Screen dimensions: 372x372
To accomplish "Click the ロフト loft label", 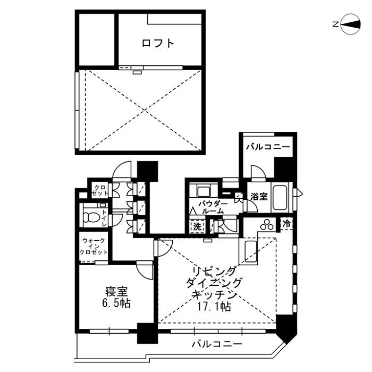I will [x=158, y=44].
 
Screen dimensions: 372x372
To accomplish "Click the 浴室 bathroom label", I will [x=259, y=196].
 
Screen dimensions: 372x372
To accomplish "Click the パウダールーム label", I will [x=213, y=207].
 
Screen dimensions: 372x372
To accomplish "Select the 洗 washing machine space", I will [x=197, y=226].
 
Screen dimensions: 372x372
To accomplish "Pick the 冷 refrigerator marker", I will [x=287, y=224].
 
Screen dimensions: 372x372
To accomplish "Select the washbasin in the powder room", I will [x=202, y=192].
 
